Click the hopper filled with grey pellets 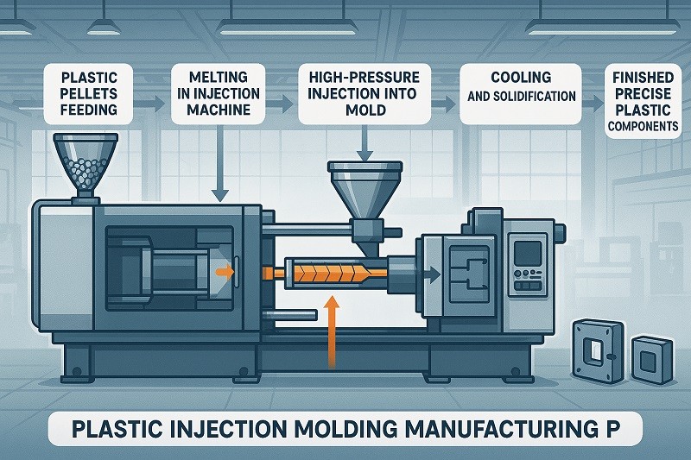click(x=85, y=163)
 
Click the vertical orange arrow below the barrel click(x=331, y=333)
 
